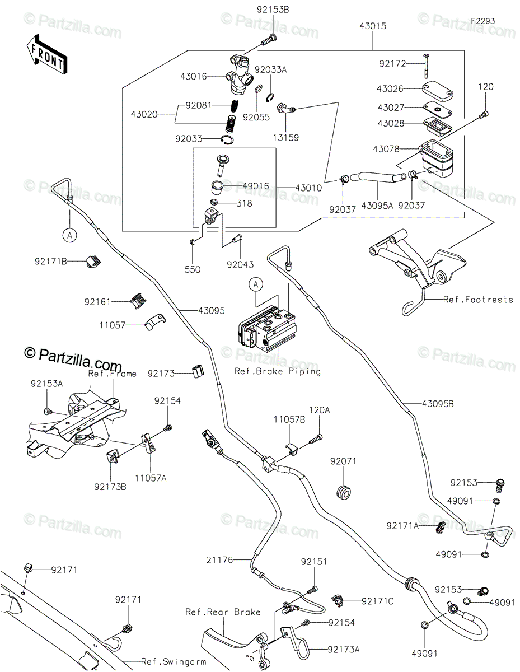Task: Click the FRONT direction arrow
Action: (x=46, y=54)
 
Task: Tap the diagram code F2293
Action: (x=482, y=21)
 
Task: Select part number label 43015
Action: (x=373, y=26)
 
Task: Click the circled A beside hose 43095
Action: (x=70, y=236)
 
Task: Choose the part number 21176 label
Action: (x=219, y=560)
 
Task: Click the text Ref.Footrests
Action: (x=478, y=300)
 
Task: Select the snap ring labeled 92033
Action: (x=228, y=140)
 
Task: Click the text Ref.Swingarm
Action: (x=174, y=662)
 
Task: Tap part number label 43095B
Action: (x=438, y=404)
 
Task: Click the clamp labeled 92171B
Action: (x=93, y=262)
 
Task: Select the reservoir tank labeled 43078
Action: (x=436, y=158)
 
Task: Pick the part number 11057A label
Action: (x=151, y=478)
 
